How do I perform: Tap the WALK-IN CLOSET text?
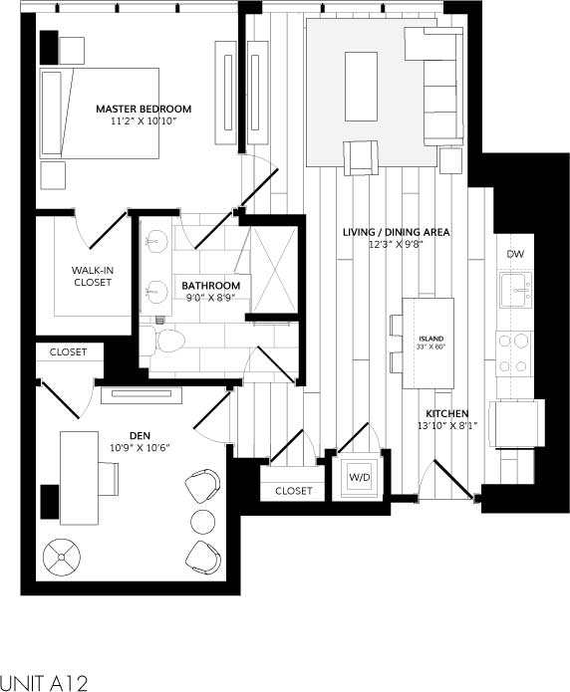(x=92, y=276)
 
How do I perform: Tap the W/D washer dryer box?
(x=358, y=477)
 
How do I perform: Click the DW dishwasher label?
(x=514, y=254)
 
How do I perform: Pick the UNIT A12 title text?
(x=45, y=682)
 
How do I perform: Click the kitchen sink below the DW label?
(x=514, y=291)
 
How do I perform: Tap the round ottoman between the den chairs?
(x=203, y=521)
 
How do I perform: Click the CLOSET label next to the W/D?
(x=294, y=491)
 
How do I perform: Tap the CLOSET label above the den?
(x=68, y=351)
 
